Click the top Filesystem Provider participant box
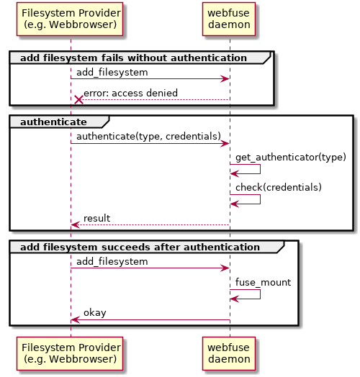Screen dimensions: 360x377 pos(70,19)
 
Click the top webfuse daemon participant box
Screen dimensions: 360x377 pos(229,19)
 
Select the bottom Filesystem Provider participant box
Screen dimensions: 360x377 pos(70,353)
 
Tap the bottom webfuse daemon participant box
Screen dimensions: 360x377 pos(229,353)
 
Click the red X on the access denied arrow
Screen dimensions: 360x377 pos(78,99)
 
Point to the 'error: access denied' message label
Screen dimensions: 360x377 pos(130,93)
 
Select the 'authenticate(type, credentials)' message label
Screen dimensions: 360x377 pos(148,136)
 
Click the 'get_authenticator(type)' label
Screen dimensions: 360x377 pos(291,158)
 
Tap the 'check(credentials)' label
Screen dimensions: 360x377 pos(279,187)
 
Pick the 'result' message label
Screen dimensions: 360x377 pos(96,218)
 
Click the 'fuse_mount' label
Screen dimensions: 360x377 pos(263,282)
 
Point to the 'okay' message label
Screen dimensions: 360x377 pos(95,312)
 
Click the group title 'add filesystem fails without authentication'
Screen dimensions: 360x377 pos(133,58)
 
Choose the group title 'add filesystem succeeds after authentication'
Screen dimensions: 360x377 pos(140,247)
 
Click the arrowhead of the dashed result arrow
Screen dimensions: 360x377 pos(75,225)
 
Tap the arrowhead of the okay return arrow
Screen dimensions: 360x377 pos(75,319)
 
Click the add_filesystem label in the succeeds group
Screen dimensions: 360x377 pos(112,262)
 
